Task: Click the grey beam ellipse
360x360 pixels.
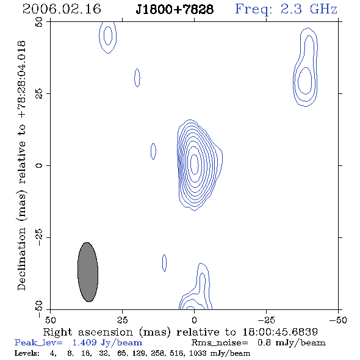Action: pyautogui.click(x=88, y=272)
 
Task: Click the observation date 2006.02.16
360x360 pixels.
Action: pyautogui.click(x=62, y=9)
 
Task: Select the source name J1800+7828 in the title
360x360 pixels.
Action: pyautogui.click(x=175, y=9)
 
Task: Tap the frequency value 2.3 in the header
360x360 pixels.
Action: pyautogui.click(x=291, y=9)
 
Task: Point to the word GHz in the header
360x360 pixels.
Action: pyautogui.click(x=323, y=9)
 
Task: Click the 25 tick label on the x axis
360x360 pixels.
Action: pyautogui.click(x=122, y=320)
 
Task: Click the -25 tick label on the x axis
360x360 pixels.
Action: pyautogui.click(x=266, y=320)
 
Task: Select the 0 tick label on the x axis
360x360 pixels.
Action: pyautogui.click(x=194, y=320)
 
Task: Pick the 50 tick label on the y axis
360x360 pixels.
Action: pyautogui.click(x=39, y=22)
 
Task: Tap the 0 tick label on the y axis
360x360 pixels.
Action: pyautogui.click(x=39, y=165)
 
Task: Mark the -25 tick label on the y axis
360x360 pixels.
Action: pyautogui.click(x=39, y=237)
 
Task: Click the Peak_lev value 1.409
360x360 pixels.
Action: pyautogui.click(x=84, y=342)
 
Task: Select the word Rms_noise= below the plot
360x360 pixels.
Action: pyautogui.click(x=220, y=343)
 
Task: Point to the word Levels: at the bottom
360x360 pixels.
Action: pyautogui.click(x=27, y=353)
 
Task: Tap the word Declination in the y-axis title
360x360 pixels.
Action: pyautogui.click(x=21, y=259)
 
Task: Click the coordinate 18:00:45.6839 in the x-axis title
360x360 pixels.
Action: pyautogui.click(x=280, y=332)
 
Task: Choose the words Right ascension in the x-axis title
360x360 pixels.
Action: pyautogui.click(x=88, y=332)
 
